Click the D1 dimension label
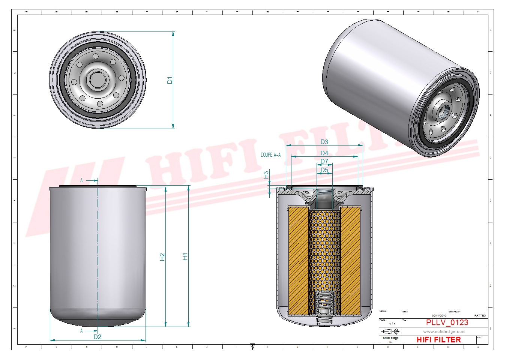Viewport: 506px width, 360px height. coord(170,80)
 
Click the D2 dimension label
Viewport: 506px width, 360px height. coord(97,337)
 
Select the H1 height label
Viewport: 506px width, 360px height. coord(185,256)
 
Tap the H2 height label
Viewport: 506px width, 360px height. coord(162,257)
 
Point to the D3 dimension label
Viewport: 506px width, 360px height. coord(324,142)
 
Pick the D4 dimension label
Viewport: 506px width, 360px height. coord(324,153)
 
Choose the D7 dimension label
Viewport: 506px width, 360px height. coord(324,162)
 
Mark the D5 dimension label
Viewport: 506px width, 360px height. coord(324,170)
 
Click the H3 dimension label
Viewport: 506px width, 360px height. coord(266,175)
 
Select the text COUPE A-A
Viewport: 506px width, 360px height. coord(270,155)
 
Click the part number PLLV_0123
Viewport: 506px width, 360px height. coord(447,322)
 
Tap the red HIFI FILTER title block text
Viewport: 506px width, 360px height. coord(438,340)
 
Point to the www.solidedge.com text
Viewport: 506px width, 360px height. coord(444,331)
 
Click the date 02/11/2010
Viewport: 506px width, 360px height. coord(439,315)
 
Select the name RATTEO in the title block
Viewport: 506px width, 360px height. coord(480,315)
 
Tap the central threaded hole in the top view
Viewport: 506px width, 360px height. coord(98,80)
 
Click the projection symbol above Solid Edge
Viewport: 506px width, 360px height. coord(390,331)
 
